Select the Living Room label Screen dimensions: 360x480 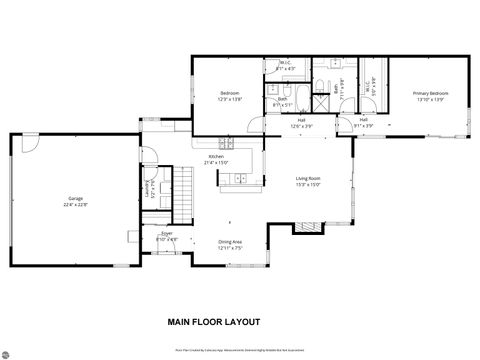click(x=307, y=179)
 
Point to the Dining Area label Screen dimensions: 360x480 click(x=232, y=241)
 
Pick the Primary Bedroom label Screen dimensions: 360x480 click(x=431, y=93)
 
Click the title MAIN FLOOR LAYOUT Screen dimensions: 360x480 click(x=214, y=322)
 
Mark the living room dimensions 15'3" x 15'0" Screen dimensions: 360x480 click(x=307, y=185)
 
